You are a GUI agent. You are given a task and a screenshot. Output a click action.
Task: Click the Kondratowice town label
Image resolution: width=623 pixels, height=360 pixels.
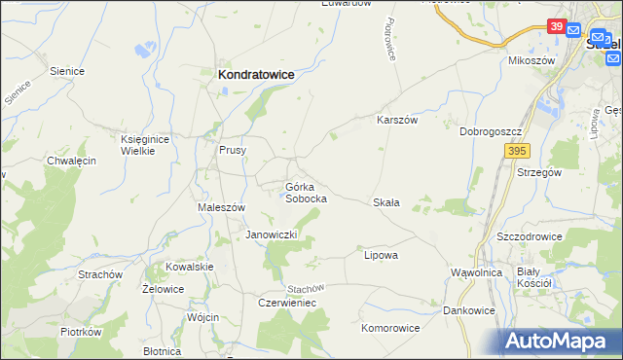pos(256,73)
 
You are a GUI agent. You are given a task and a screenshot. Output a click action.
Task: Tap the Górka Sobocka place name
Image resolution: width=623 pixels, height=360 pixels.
pos(305,192)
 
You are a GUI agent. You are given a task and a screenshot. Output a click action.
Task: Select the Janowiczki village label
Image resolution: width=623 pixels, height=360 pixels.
pos(276,235)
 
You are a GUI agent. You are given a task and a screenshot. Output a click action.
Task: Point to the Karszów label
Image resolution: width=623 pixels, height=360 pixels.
pos(397,121)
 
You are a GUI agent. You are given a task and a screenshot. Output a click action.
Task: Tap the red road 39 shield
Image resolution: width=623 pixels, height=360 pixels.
pos(556,26)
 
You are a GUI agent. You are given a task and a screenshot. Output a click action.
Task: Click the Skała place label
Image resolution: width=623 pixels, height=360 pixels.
pos(386,202)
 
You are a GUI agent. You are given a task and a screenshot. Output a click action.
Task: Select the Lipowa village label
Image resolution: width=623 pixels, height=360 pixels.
pos(381,255)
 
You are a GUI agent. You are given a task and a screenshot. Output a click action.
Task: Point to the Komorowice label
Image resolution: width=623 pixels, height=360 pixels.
pos(390,328)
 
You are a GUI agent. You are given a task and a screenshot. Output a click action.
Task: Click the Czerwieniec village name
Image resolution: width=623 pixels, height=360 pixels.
pos(287,303)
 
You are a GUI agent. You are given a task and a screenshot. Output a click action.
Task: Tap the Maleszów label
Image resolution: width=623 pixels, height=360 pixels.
pos(221,207)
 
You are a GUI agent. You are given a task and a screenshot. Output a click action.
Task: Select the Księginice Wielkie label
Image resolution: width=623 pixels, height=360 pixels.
pos(145,146)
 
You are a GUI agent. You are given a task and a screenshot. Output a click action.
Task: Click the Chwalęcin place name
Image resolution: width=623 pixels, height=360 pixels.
pos(71,161)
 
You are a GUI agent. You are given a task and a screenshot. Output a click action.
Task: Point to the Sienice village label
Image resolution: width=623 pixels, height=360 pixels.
pos(67,71)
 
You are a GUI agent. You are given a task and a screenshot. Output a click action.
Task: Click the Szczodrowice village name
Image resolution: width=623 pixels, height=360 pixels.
pos(531,236)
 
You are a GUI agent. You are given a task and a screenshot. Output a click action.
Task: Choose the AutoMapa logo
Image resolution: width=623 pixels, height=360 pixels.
pos(559,342)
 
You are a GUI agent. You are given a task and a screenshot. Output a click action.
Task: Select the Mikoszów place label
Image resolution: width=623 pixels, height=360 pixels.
pos(531,60)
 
